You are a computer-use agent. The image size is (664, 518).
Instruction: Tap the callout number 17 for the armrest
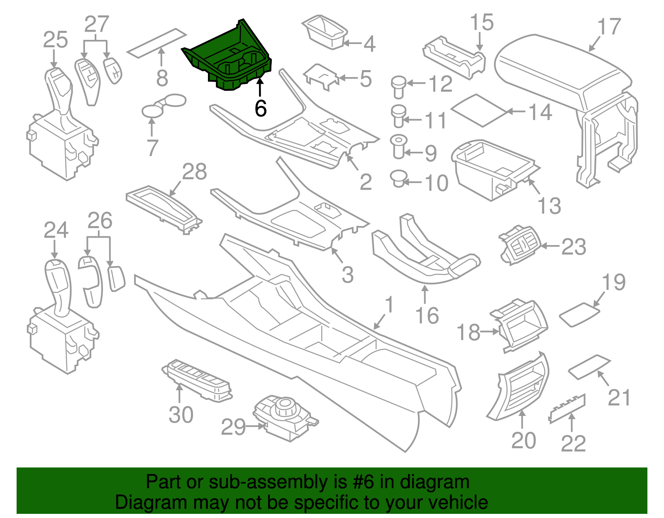click(609, 27)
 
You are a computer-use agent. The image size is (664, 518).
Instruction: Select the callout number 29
click(233, 427)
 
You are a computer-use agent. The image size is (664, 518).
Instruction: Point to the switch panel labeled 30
click(197, 379)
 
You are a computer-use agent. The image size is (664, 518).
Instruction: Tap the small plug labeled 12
click(398, 86)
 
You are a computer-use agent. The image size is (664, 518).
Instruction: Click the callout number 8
click(162, 78)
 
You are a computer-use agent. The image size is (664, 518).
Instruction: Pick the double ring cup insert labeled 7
click(164, 105)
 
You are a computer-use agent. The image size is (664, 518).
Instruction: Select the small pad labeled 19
click(579, 314)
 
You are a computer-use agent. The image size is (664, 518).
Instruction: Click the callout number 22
click(573, 443)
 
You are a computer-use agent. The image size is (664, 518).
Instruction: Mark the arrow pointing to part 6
click(260, 88)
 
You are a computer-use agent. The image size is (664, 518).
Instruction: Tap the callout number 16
click(427, 316)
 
